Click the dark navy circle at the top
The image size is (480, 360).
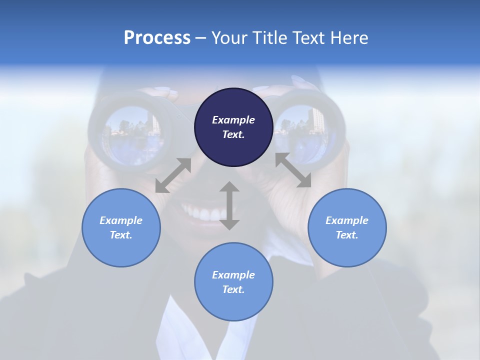click(x=233, y=127)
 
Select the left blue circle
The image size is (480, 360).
click(x=121, y=227)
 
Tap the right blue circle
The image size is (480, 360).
click(x=347, y=227)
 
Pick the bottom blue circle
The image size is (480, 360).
click(x=233, y=282)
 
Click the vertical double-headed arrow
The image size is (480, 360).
click(x=229, y=205)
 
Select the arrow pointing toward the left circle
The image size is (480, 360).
click(x=173, y=175)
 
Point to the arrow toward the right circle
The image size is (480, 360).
click(x=293, y=170)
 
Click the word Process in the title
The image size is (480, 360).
click(x=157, y=38)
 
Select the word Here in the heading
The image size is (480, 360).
click(x=350, y=38)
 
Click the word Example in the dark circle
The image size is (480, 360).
click(x=233, y=120)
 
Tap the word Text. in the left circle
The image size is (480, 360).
click(x=121, y=235)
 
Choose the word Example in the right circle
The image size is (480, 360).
click(x=347, y=220)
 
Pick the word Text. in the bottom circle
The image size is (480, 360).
click(x=233, y=289)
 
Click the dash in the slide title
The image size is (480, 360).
click(x=201, y=38)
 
